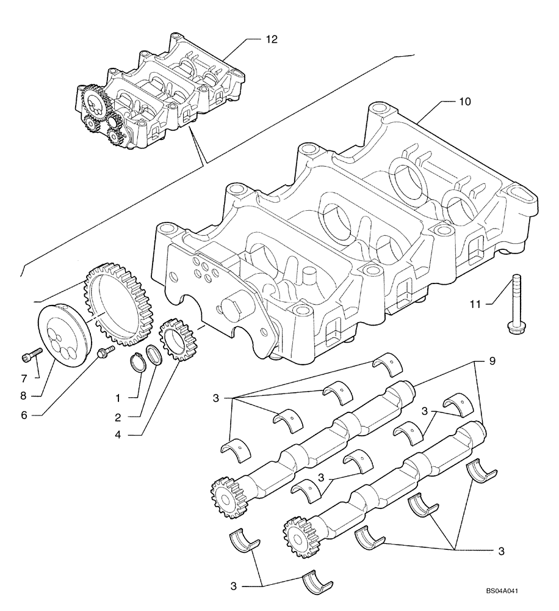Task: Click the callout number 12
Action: tap(272, 39)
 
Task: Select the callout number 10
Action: tap(464, 101)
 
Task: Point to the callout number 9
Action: tap(492, 361)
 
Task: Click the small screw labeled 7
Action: tap(32, 354)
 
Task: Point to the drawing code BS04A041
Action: tap(506, 591)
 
